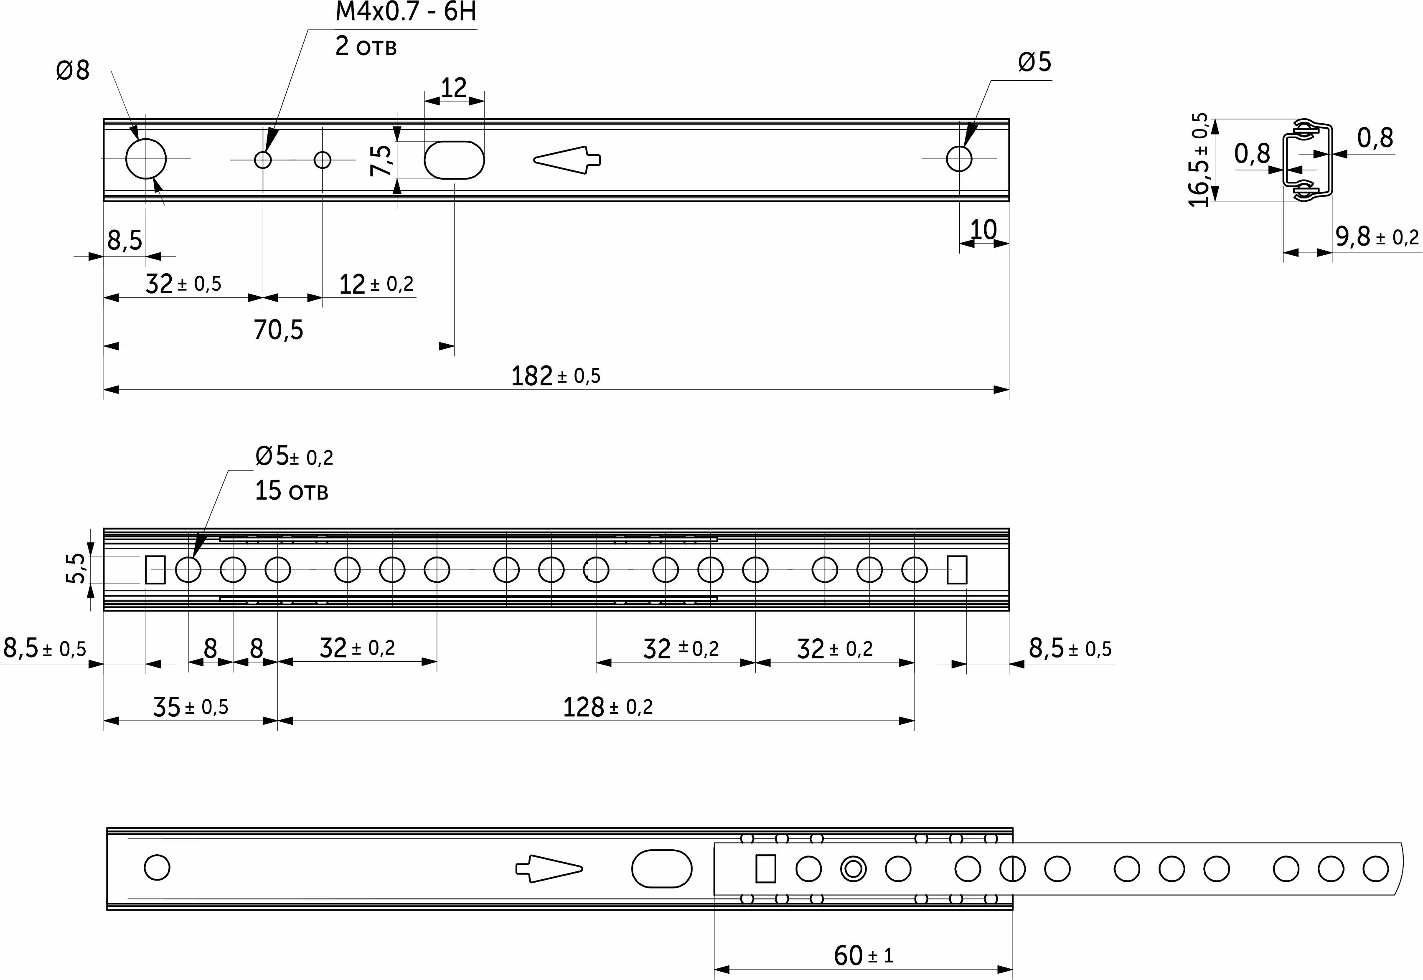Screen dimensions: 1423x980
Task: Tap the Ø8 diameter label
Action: coord(72,71)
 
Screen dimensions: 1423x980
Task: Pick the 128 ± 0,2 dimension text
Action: coord(608,707)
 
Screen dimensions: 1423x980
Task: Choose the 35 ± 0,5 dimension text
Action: coord(191,707)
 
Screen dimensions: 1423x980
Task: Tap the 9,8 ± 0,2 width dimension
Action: coord(1377,236)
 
